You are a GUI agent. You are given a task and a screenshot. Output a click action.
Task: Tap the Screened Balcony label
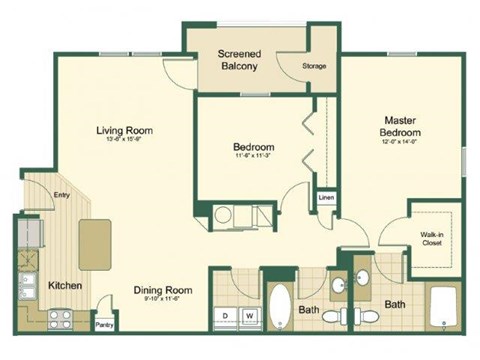(x=239, y=60)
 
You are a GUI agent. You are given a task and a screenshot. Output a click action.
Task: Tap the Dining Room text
(x=162, y=291)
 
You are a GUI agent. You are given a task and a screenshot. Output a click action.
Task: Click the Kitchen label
(x=65, y=285)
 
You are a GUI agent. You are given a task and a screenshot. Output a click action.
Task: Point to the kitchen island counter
(x=95, y=245)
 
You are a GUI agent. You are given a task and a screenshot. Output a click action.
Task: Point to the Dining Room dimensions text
(x=162, y=301)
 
